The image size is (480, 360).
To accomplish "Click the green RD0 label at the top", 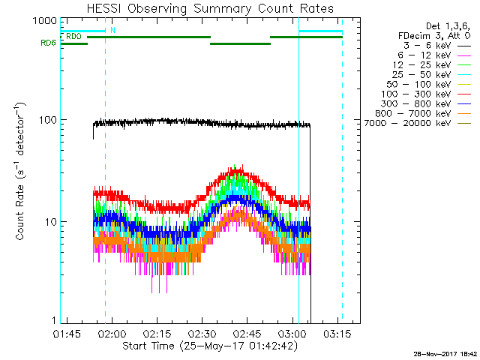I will (x=73, y=36).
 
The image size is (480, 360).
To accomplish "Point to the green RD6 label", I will (x=49, y=43).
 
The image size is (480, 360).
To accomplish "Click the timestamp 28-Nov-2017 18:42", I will (x=444, y=352).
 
